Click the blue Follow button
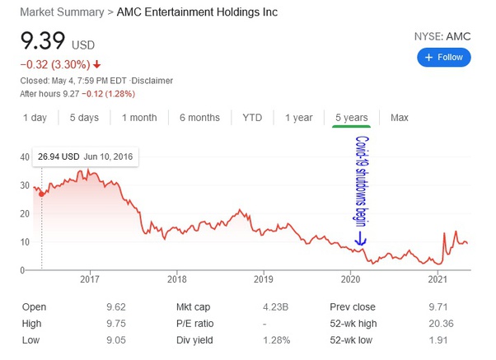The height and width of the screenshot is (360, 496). [444, 58]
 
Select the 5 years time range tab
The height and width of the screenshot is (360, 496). [352, 118]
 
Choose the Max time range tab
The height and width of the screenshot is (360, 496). [400, 118]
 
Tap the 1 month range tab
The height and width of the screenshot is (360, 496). [139, 118]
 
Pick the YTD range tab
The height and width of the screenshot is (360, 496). [252, 118]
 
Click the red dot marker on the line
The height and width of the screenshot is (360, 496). [41, 194]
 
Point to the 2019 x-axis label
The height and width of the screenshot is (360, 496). [264, 279]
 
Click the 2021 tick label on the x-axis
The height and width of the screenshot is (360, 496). [438, 279]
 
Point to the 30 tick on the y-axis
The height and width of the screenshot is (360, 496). [25, 185]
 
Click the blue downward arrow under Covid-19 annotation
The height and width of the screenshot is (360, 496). [360, 239]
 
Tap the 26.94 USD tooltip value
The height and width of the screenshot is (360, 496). [58, 157]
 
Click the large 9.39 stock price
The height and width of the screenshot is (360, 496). [43, 41]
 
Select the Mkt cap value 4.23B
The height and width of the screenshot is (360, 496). [275, 306]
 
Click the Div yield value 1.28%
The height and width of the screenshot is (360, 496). [277, 340]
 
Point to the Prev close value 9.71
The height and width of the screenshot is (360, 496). [438, 306]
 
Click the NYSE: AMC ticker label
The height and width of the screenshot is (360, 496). [442, 37]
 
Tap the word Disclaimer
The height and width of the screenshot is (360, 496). [152, 81]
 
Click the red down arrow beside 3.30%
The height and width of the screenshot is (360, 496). [96, 64]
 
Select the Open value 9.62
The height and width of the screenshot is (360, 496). [116, 306]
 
